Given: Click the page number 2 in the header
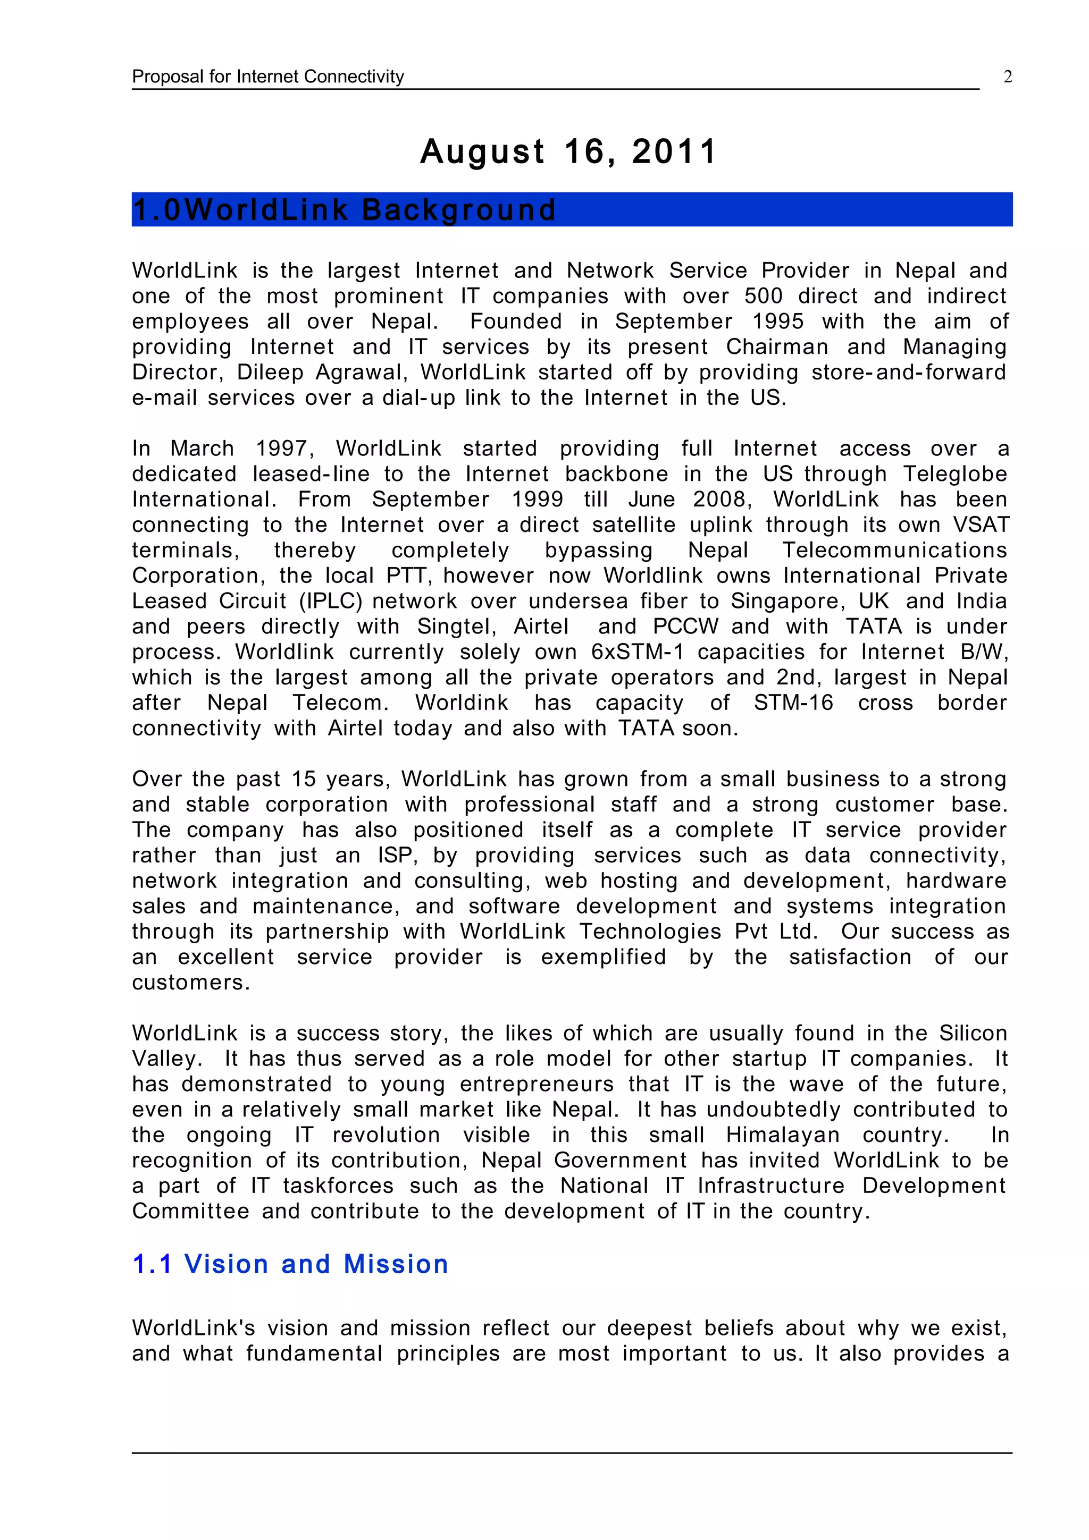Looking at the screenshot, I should [1007, 77].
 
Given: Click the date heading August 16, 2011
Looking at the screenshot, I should [568, 151].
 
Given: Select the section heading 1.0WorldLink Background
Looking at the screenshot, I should [344, 210].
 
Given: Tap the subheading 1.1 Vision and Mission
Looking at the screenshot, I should [290, 1264].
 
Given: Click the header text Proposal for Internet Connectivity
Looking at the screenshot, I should [267, 77].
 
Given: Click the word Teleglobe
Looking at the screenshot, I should [954, 474].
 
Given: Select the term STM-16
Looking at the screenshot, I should [793, 703].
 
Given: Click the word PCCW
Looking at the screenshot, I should [685, 627].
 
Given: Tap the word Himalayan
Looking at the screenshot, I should [782, 1135].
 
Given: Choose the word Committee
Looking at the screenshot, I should [190, 1212].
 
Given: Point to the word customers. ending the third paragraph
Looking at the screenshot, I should [190, 983].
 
